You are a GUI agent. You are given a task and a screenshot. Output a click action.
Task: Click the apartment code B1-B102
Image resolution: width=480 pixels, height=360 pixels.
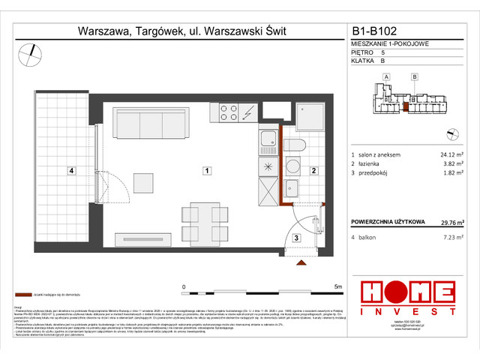tap(379, 32)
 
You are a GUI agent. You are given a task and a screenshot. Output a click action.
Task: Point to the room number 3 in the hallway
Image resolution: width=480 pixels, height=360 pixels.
tap(295, 238)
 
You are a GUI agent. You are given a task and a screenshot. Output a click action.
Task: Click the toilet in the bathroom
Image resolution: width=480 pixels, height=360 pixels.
tap(295, 145)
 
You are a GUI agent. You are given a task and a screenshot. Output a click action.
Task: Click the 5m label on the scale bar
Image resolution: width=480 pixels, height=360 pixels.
tap(337, 286)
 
